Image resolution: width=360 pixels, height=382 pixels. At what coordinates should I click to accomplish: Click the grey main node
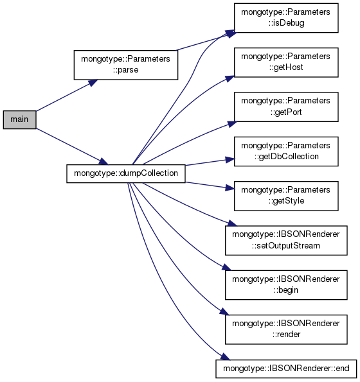pyautogui.click(x=19, y=119)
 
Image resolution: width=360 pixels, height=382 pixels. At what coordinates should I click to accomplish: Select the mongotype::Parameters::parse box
pyautogui.click(x=126, y=65)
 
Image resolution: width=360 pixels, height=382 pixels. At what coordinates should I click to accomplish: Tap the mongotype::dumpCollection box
pyautogui.click(x=126, y=174)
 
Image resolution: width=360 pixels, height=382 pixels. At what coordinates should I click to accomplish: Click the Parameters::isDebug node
pyautogui.click(x=286, y=18)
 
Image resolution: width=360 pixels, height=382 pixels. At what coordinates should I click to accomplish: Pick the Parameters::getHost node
pyautogui.click(x=286, y=62)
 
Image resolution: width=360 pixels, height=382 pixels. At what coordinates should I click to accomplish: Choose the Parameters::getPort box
pyautogui.click(x=286, y=107)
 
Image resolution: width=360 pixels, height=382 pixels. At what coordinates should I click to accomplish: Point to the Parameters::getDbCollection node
pyautogui.click(x=286, y=152)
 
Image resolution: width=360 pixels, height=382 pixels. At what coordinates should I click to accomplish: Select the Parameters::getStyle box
pyautogui.click(x=286, y=196)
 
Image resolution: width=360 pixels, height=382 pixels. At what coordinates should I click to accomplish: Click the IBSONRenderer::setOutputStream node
pyautogui.click(x=286, y=241)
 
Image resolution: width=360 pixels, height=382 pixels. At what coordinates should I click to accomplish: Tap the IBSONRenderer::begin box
pyautogui.click(x=286, y=285)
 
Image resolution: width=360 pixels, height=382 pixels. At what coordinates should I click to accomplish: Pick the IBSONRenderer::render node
pyautogui.click(x=286, y=329)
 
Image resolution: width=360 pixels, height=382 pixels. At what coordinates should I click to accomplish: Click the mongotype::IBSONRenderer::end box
pyautogui.click(x=286, y=369)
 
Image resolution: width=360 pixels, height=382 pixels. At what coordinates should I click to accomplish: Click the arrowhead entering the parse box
pyautogui.click(x=93, y=83)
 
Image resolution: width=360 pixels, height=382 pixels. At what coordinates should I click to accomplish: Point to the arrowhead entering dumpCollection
pyautogui.click(x=104, y=161)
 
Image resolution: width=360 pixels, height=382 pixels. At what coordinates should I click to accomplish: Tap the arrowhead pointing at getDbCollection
pyautogui.click(x=230, y=160)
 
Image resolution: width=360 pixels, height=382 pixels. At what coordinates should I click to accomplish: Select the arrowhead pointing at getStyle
pyautogui.click(x=230, y=187)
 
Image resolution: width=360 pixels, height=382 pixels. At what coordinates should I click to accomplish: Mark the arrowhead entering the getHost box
pyautogui.click(x=230, y=78)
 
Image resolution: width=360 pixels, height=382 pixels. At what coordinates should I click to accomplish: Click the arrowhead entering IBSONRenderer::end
pyautogui.click(x=225, y=357)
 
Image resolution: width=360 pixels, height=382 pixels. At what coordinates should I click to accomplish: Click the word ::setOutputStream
pyautogui.click(x=286, y=245)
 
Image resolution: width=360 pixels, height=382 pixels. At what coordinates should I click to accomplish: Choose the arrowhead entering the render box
pyautogui.click(x=224, y=312)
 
